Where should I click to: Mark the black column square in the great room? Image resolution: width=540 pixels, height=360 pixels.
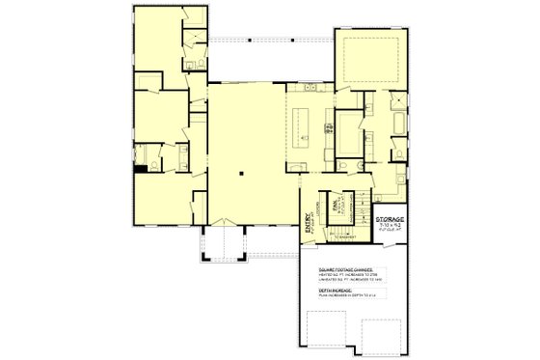click(x=244, y=174)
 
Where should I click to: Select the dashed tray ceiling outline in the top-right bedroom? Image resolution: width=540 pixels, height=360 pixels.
click(x=372, y=58)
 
